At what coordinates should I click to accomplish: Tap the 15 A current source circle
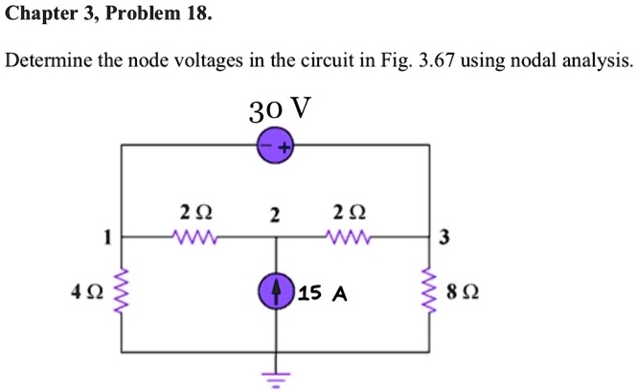(x=277, y=290)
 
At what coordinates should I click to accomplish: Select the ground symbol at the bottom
(x=276, y=377)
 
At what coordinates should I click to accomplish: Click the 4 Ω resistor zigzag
(x=122, y=291)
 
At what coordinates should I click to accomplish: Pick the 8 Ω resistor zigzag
(x=430, y=291)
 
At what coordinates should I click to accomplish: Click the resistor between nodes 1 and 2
(x=196, y=236)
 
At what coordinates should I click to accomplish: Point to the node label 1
(x=108, y=236)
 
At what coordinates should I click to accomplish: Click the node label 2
(x=275, y=215)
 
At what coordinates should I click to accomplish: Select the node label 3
(x=444, y=238)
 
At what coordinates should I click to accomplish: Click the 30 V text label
(x=279, y=108)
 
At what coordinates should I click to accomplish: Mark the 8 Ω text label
(x=463, y=291)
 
